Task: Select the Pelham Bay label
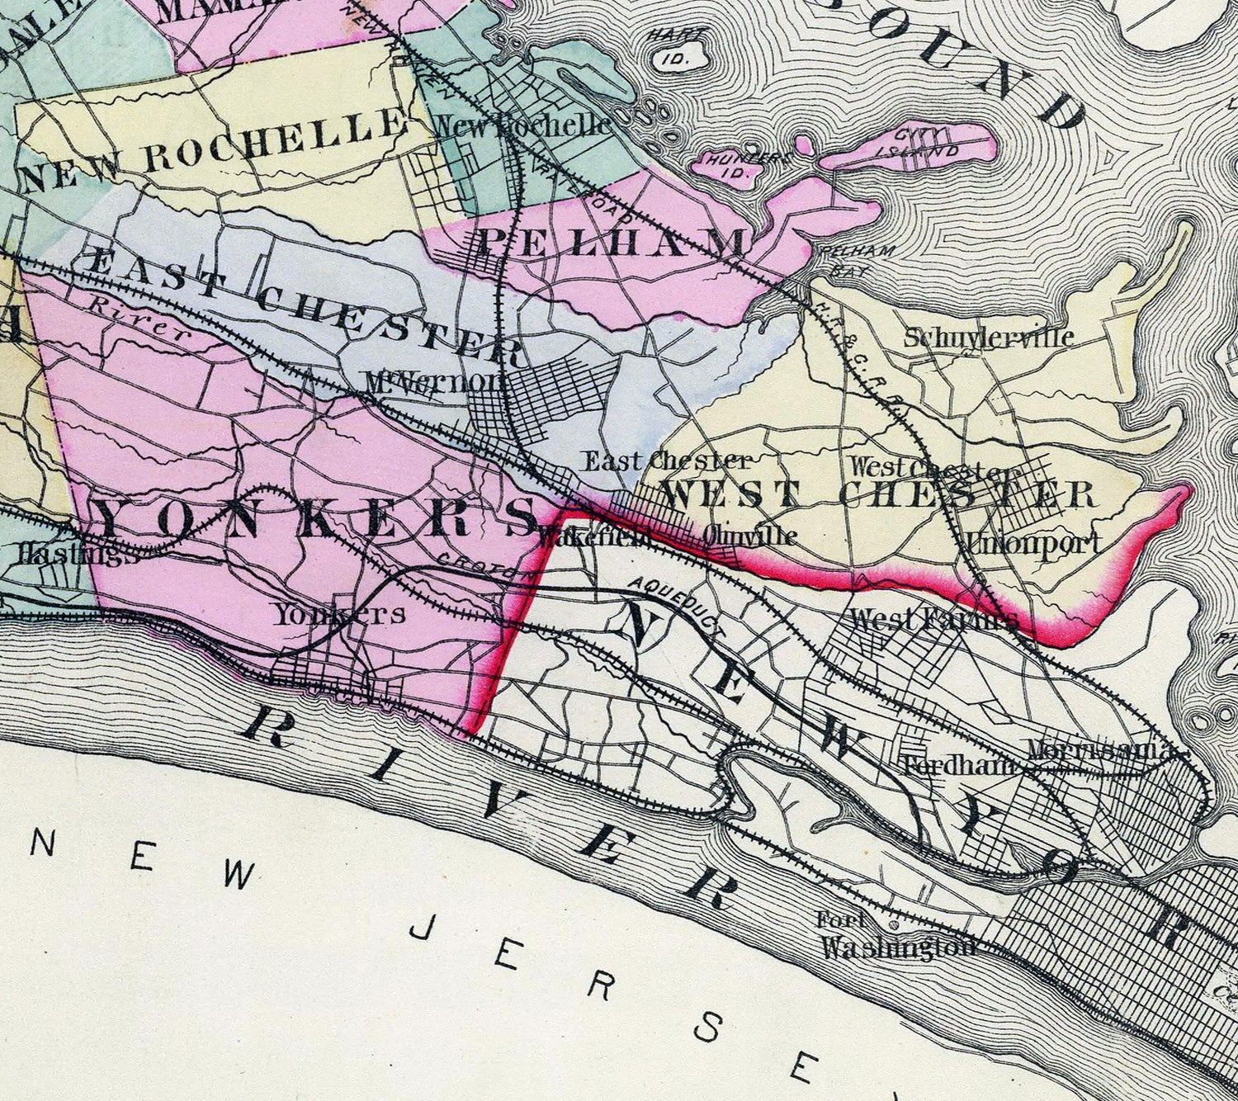click(843, 259)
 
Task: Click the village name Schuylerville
click(988, 338)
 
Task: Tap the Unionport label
click(1033, 543)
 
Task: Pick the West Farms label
click(933, 620)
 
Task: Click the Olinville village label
click(751, 536)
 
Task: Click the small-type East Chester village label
click(668, 461)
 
